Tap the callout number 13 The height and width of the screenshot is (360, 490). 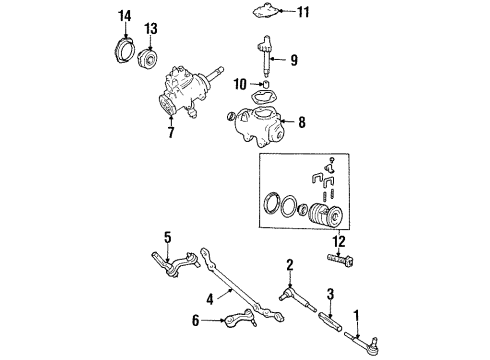tap(151, 27)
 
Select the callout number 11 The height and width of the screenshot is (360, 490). tap(304, 12)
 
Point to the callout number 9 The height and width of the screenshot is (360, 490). tap(294, 59)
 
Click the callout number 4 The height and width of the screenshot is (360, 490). tap(209, 298)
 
